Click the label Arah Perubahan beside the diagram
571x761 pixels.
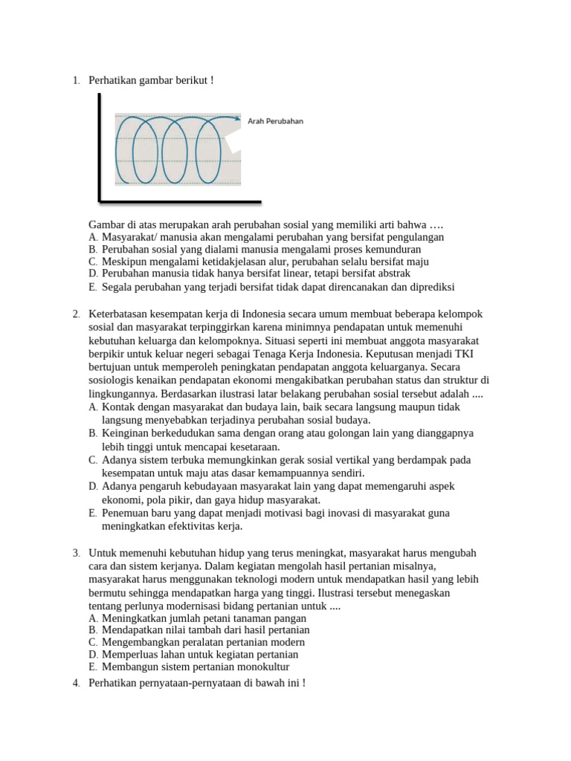tap(276, 121)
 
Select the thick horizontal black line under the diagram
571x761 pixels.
tap(181, 201)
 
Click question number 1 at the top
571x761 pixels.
tap(77, 80)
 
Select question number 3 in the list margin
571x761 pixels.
tap(77, 554)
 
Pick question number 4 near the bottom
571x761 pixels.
tap(77, 683)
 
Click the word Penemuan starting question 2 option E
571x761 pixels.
tap(126, 513)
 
